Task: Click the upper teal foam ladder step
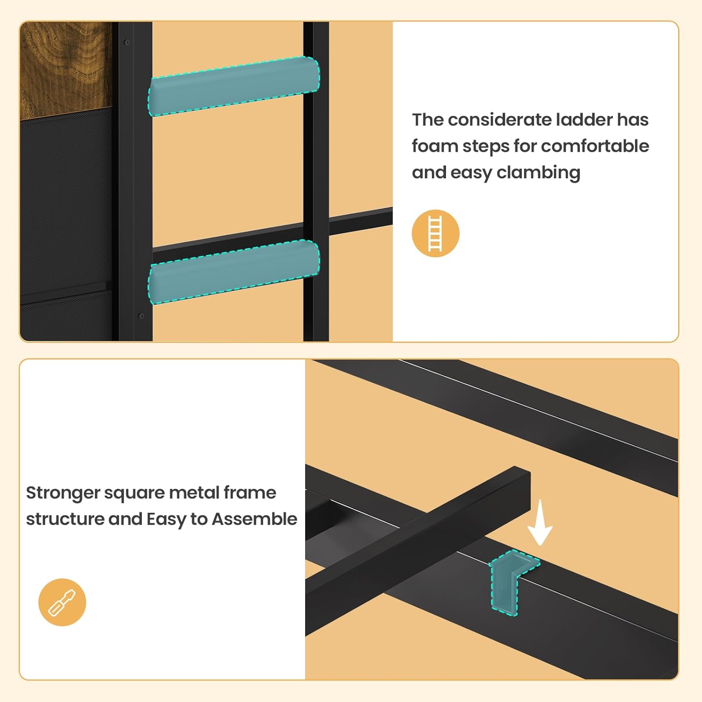[234, 86]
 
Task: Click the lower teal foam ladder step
[234, 271]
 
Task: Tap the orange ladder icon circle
[435, 233]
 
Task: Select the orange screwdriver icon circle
[62, 602]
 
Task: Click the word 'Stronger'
[63, 493]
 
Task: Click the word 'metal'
[194, 493]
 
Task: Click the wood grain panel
[66, 66]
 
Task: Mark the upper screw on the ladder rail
[126, 43]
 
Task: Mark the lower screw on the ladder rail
[141, 316]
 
